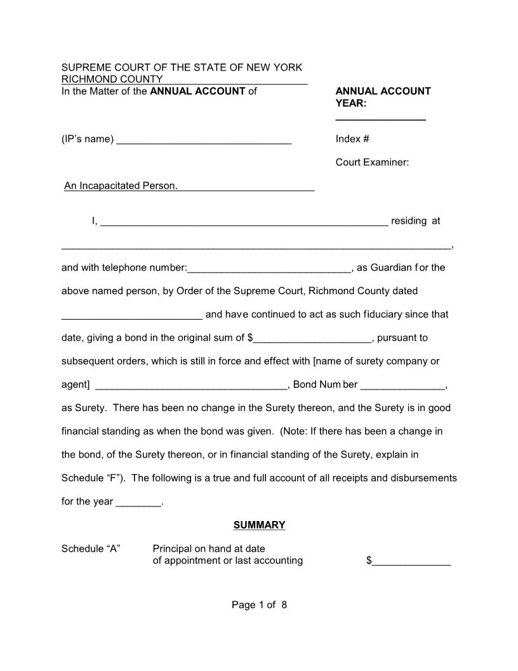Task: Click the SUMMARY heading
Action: (x=259, y=525)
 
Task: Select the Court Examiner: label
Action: (x=372, y=163)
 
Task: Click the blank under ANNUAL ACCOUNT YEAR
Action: (x=380, y=118)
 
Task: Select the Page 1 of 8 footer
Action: (x=259, y=605)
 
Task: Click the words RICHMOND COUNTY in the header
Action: (x=112, y=79)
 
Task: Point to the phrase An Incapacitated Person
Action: (x=121, y=186)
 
